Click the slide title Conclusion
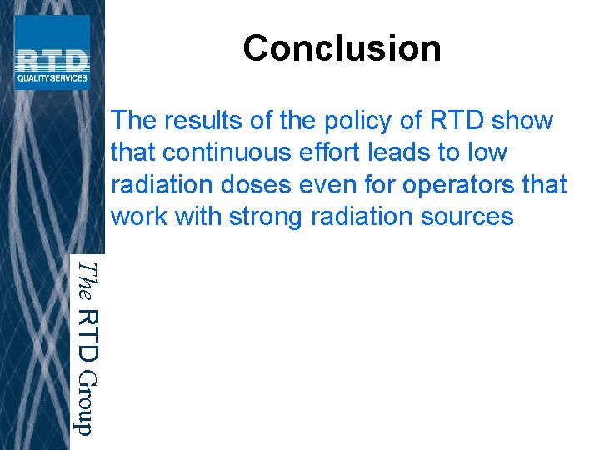342,48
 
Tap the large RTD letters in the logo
52,61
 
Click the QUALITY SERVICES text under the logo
52,79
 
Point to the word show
522,121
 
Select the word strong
262,216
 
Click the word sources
465,216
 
